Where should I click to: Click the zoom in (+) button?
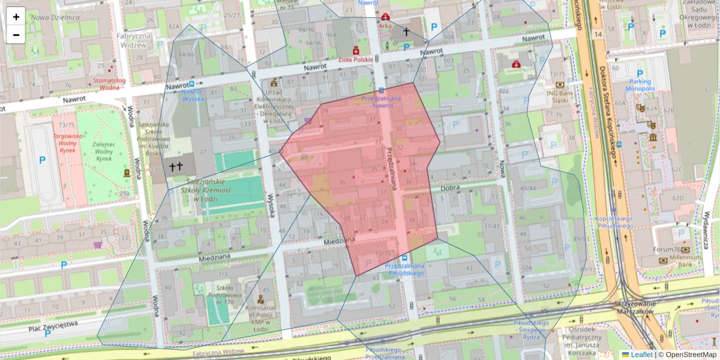click(16, 16)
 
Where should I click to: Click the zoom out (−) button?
click(16, 34)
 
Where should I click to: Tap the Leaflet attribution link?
click(641, 355)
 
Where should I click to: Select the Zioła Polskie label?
click(356, 59)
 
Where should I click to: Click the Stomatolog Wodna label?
click(109, 83)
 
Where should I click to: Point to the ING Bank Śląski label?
click(560, 96)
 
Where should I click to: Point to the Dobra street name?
click(449, 187)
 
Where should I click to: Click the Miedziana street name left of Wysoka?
click(214, 259)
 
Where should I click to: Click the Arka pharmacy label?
click(385, 25)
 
